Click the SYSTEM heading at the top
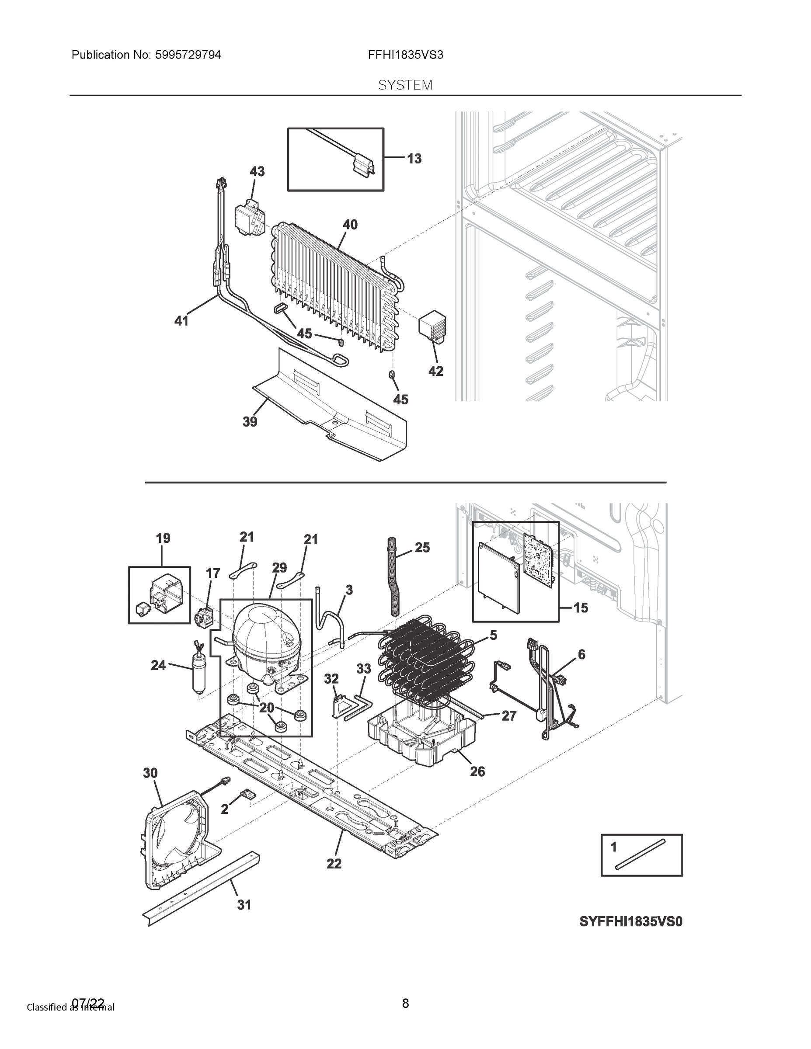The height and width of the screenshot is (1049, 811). (x=405, y=86)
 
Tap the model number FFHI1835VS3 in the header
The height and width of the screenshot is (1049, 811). (x=406, y=55)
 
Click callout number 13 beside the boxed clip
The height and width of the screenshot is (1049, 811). (x=414, y=159)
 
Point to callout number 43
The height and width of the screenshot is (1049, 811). (x=257, y=171)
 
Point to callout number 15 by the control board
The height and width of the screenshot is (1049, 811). (x=581, y=608)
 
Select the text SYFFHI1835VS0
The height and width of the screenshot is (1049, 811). (x=630, y=922)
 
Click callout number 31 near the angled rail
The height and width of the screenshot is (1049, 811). (x=244, y=905)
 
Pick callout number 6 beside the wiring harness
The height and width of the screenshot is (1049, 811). (x=581, y=654)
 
